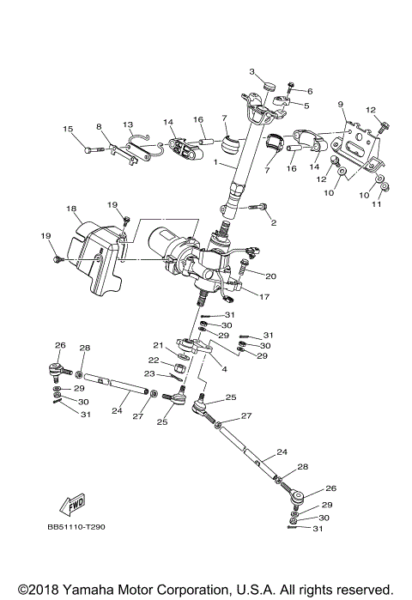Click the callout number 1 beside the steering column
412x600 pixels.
[216, 163]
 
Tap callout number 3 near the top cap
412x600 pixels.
[253, 71]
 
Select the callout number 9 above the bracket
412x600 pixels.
[341, 105]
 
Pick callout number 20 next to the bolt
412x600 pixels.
[270, 276]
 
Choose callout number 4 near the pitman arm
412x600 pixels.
[224, 369]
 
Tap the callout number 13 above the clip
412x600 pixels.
[128, 124]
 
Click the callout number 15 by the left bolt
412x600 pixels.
[68, 130]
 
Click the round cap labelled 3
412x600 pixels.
[269, 86]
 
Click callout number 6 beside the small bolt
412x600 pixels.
[310, 91]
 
